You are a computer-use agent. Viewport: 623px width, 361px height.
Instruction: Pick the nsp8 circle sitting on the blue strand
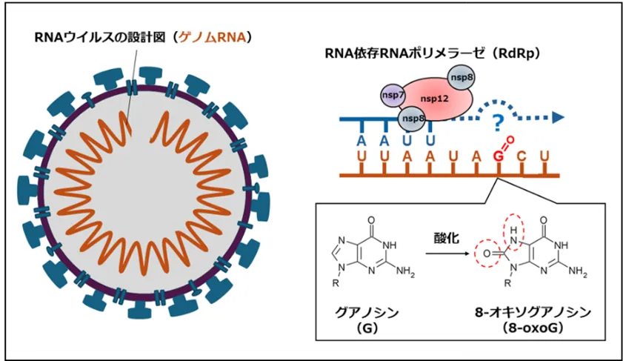click(x=410, y=116)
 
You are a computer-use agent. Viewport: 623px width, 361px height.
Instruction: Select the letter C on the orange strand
click(x=522, y=157)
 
